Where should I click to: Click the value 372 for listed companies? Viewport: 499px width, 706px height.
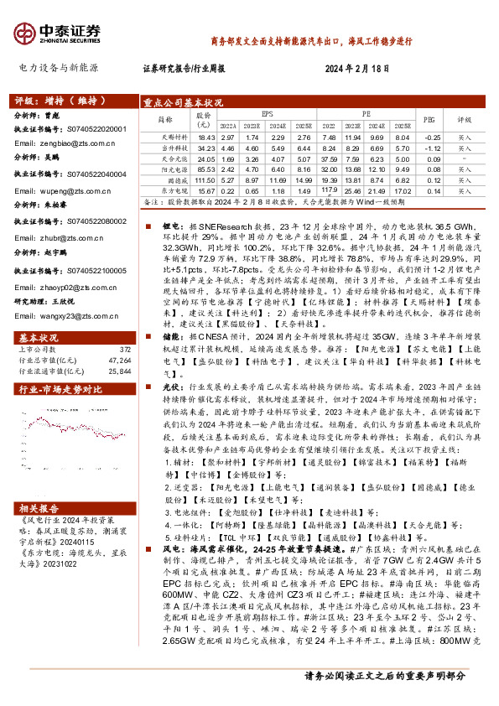point(126,325)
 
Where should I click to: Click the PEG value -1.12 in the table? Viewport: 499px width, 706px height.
point(433,147)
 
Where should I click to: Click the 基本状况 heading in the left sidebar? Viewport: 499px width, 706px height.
point(39,314)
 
